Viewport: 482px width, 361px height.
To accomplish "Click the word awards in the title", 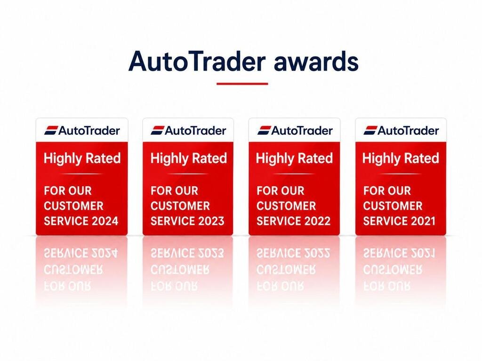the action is pyautogui.click(x=316, y=61).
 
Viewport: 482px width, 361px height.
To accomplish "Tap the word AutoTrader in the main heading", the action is pyautogui.click(x=197, y=61).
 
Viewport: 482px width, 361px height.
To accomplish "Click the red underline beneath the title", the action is pyautogui.click(x=242, y=84).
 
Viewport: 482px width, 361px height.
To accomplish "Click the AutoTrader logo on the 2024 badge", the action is pyautogui.click(x=82, y=131).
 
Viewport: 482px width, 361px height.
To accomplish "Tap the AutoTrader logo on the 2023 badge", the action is pyautogui.click(x=188, y=131).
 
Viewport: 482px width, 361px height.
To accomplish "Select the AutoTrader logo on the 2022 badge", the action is pyautogui.click(x=295, y=131).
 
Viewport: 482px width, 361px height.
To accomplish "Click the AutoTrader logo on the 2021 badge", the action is pyautogui.click(x=401, y=131).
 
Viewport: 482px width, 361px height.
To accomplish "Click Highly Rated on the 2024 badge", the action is pyautogui.click(x=82, y=159).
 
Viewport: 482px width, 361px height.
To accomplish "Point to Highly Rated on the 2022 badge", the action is pyautogui.click(x=295, y=159).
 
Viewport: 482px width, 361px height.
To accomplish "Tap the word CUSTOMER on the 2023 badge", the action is pyautogui.click(x=180, y=206).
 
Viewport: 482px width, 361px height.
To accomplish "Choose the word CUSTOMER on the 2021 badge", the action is pyautogui.click(x=393, y=206).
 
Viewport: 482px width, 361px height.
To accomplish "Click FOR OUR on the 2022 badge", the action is pyautogui.click(x=281, y=191).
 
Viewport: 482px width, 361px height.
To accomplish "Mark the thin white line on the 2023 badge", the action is pyautogui.click(x=188, y=174).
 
